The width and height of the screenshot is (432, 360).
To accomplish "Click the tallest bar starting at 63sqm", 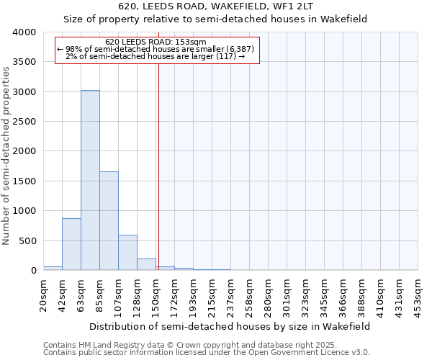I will click(90, 180).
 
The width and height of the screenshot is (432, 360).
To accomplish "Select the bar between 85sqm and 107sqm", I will click(109, 220).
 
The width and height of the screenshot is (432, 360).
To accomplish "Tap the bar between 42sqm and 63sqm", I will click(71, 244).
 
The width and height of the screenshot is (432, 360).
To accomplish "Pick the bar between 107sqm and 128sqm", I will click(127, 252).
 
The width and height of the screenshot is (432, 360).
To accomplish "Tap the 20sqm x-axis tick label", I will click(43, 294).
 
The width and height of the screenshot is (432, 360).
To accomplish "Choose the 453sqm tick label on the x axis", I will click(418, 294).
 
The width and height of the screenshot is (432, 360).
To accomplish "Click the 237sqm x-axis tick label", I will click(230, 294).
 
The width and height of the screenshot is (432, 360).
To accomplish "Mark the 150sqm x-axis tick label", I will click(156, 294).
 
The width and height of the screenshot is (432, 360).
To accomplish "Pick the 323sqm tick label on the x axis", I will click(305, 294).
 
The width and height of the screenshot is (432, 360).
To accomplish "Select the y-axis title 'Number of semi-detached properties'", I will click(6, 156).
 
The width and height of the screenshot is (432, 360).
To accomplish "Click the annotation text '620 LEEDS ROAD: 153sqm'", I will click(156, 42).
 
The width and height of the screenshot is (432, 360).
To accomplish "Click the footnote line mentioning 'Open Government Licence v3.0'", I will click(207, 353).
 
